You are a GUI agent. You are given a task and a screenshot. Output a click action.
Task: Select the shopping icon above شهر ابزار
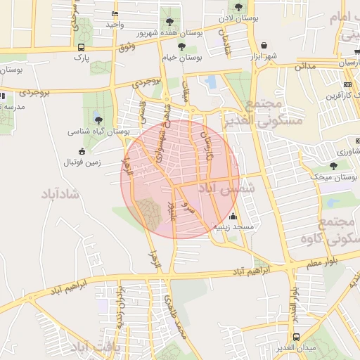coord(264,44)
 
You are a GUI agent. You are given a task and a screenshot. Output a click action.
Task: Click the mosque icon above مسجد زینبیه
coord(233,217)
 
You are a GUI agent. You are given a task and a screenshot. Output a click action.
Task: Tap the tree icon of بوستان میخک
coord(333,166)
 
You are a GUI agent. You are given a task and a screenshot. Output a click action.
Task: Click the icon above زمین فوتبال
coord(82,151)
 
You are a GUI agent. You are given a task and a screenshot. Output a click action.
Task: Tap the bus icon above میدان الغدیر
coord(297,337)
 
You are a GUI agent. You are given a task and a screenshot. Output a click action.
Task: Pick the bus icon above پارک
coord(82,47)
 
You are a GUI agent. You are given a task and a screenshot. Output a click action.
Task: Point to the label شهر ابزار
coord(263,56)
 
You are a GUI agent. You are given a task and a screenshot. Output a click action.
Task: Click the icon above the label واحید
coord(115,14)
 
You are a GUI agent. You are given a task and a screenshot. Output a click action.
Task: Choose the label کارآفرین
coord(340,94)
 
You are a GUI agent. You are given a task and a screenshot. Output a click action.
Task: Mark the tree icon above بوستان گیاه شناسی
coord(98,120)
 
